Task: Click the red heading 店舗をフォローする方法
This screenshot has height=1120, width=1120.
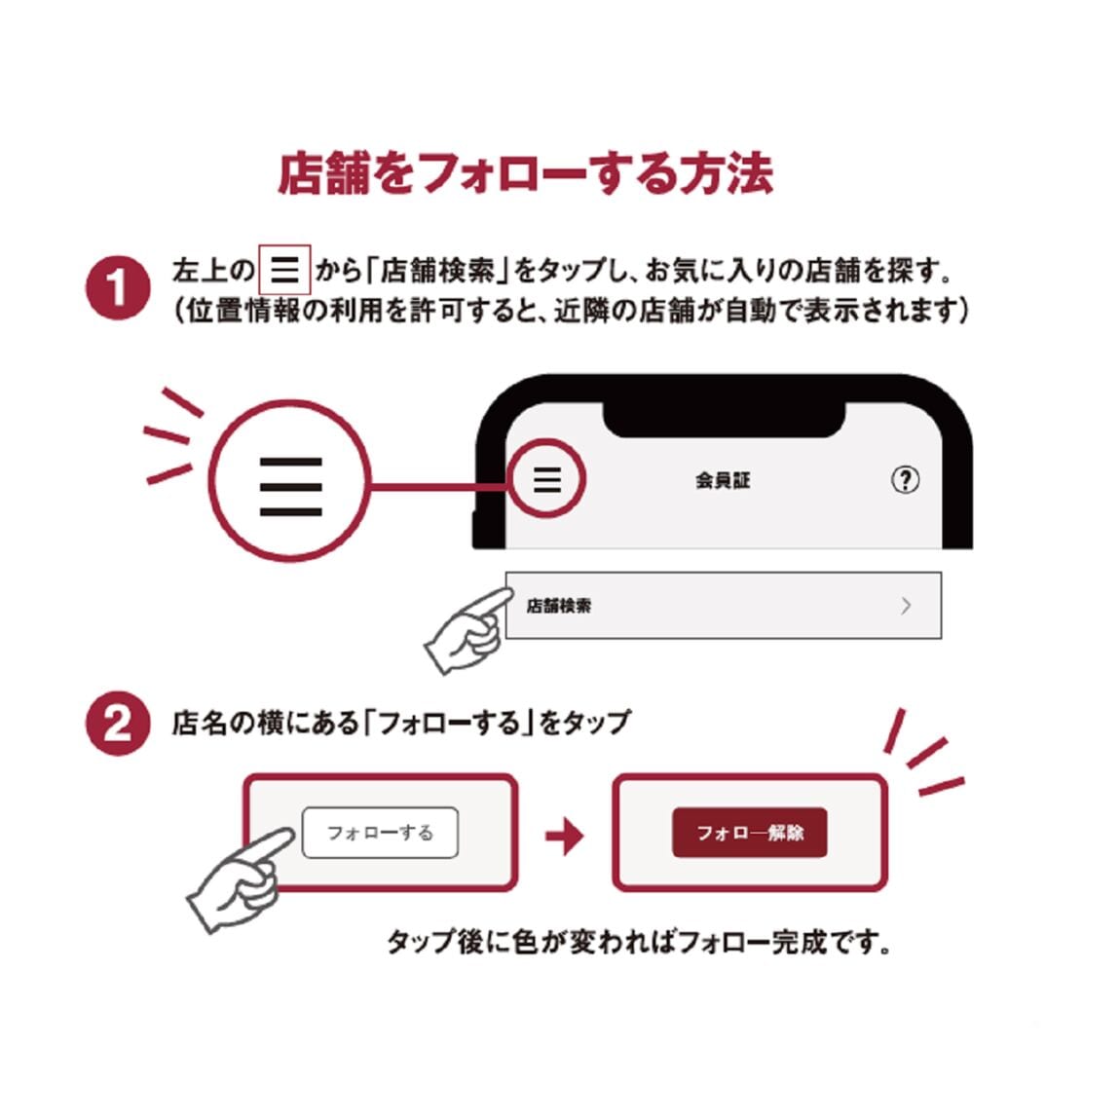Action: coord(525,173)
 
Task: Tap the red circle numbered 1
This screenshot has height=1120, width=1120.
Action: coord(118,288)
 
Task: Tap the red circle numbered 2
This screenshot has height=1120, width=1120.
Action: coord(118,723)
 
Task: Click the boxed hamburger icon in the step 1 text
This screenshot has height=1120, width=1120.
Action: coord(284,270)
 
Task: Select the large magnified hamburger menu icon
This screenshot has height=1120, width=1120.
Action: coord(291,486)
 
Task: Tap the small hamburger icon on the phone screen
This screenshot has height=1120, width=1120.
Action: coord(547,479)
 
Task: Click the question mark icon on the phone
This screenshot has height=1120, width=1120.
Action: coord(905,479)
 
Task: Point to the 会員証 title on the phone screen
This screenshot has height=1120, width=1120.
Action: coord(723,481)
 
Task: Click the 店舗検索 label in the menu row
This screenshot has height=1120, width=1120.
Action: coord(559,606)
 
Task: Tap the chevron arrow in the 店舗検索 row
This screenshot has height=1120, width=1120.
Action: coord(906,606)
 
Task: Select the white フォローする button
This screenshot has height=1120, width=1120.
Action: coord(380,832)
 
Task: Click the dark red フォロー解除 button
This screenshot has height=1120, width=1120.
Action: coord(750,832)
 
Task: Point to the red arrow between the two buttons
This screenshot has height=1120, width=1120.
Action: coord(564,835)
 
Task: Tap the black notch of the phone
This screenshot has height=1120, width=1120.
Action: coord(725,419)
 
